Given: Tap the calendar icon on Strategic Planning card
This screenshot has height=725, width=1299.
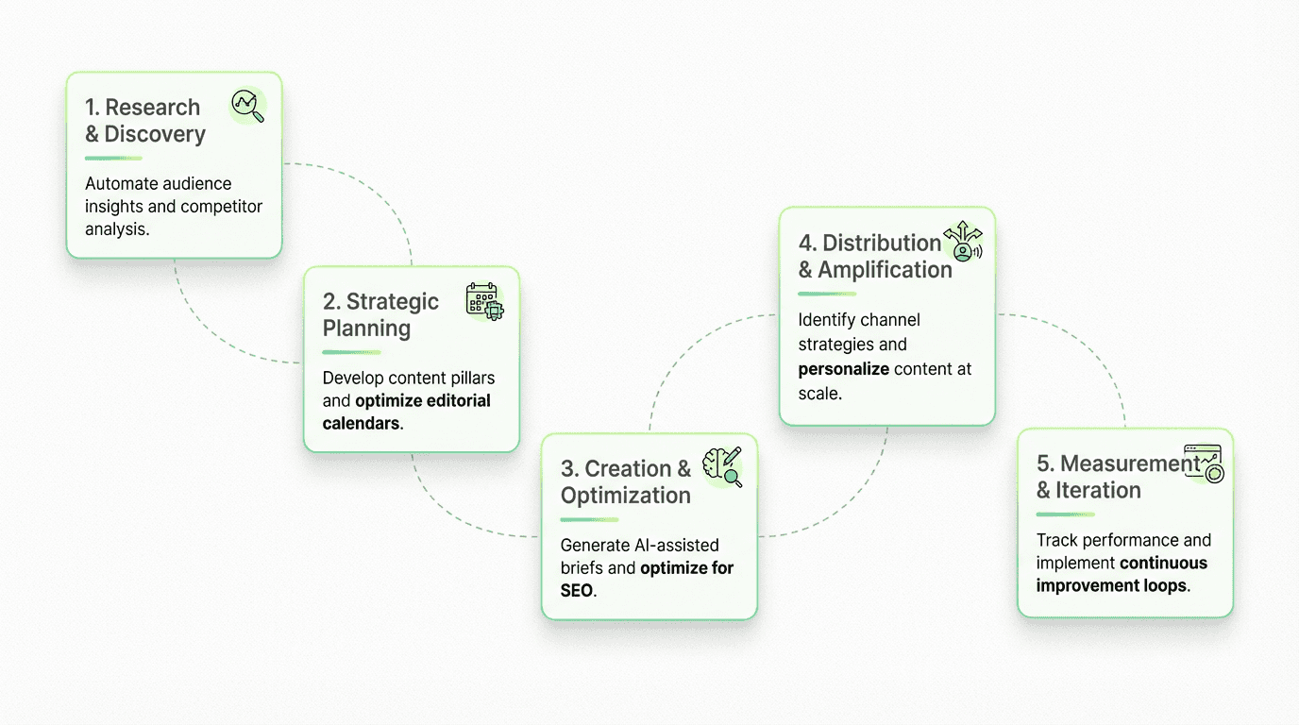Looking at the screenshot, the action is click(485, 301).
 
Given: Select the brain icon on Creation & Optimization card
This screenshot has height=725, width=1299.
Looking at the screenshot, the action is click(722, 467).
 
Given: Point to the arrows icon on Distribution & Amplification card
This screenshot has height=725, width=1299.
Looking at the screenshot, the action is click(963, 242).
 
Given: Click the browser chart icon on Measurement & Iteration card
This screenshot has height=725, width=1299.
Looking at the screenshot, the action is click(1203, 463).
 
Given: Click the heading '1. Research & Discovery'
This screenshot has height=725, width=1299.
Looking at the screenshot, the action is click(144, 121).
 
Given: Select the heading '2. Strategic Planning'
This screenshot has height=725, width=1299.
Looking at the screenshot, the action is click(380, 314).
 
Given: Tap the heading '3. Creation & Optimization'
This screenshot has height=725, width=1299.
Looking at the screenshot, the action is click(626, 481).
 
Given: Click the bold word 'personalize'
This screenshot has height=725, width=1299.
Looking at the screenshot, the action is click(844, 369).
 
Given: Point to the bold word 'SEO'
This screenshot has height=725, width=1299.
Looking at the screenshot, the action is click(577, 591).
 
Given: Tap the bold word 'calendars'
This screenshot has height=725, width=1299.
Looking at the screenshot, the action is click(361, 423).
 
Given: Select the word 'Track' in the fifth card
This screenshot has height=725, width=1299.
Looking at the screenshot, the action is click(1056, 540).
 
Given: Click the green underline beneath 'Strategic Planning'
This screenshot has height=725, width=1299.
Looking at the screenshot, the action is click(352, 352).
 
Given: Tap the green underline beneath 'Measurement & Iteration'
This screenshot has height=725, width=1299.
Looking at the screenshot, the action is click(1065, 514).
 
